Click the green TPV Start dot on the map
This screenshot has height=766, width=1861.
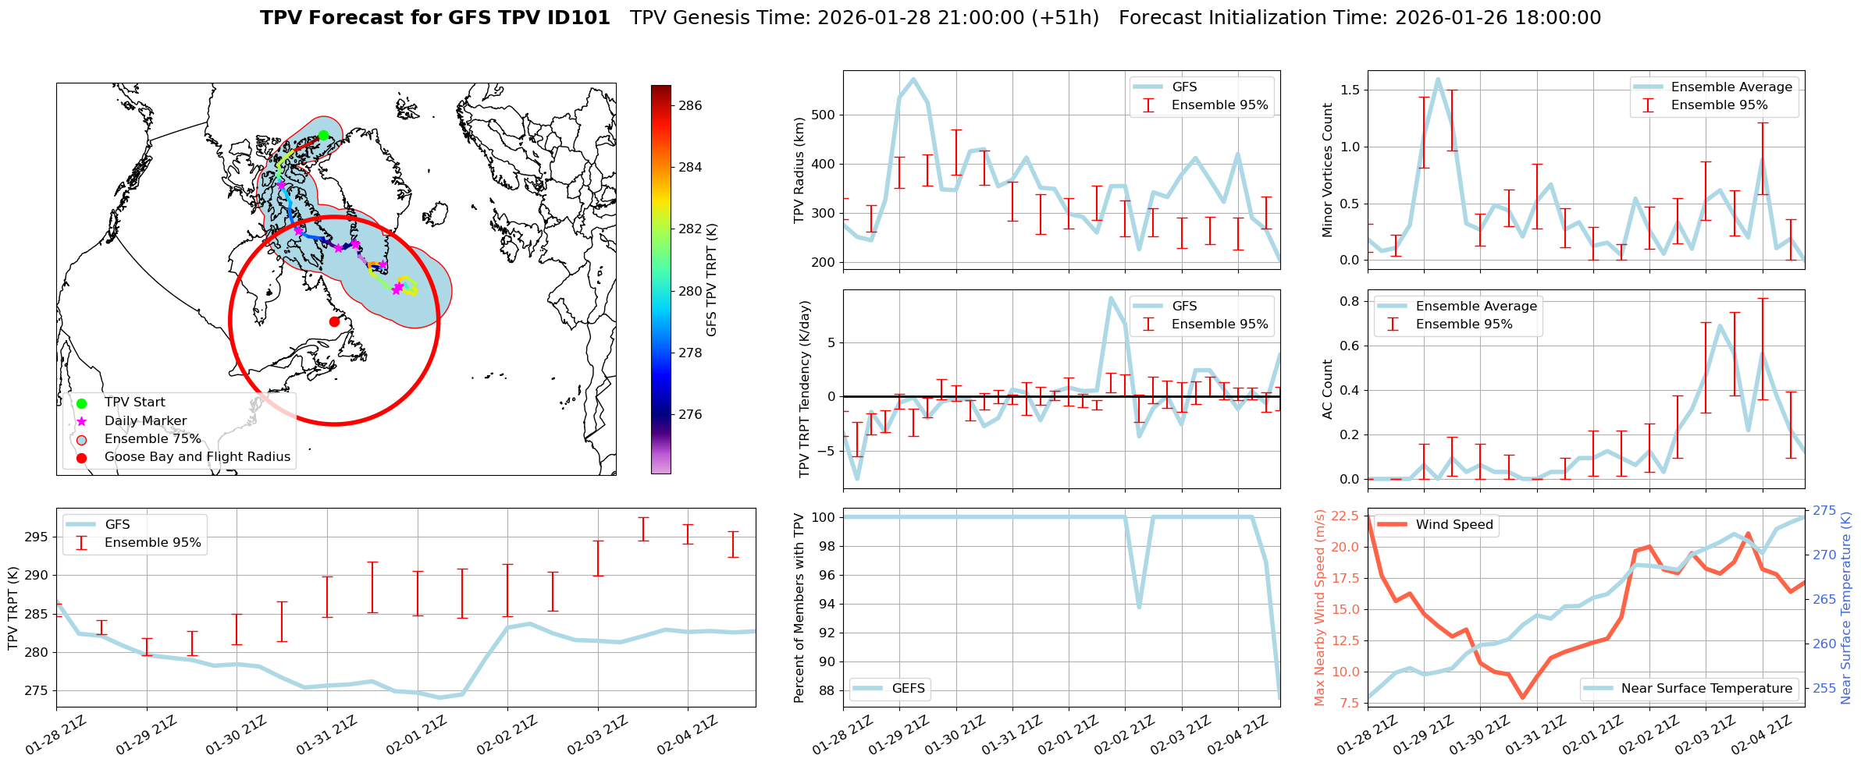(x=323, y=135)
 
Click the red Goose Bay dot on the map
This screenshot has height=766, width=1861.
(x=334, y=321)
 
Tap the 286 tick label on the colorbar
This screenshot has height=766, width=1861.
(x=690, y=105)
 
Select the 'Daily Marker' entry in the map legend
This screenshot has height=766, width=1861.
(x=145, y=421)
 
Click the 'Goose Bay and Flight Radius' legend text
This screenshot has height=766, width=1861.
(x=197, y=457)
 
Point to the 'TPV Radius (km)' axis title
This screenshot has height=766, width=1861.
(x=799, y=170)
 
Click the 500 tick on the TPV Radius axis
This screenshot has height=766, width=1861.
(x=822, y=115)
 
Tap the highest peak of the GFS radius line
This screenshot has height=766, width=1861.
(x=913, y=79)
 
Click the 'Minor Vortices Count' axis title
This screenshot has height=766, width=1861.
(x=1327, y=170)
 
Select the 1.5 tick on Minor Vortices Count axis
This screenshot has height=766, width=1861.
(x=1349, y=90)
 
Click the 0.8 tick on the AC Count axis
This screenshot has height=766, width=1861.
(x=1349, y=301)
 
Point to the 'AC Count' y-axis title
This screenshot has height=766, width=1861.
(x=1327, y=389)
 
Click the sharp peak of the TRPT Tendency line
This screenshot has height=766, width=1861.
(x=1110, y=297)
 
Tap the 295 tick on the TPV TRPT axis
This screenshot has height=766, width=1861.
(x=37, y=537)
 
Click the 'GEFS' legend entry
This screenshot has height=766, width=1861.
(x=908, y=689)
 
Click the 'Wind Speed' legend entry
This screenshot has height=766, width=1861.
(x=1454, y=525)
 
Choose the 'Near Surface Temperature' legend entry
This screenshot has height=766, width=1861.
(x=1706, y=689)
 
